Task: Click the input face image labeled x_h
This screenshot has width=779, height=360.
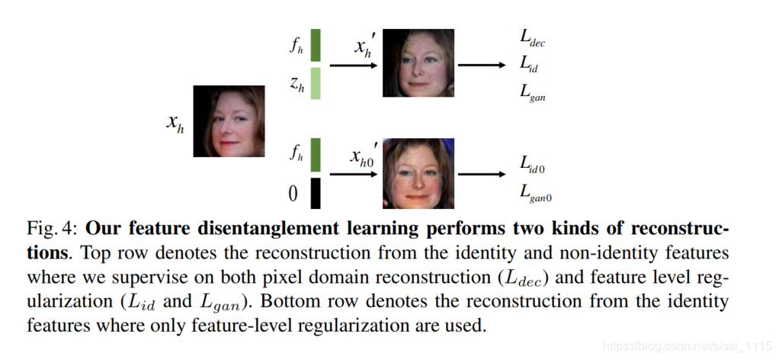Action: point(229,121)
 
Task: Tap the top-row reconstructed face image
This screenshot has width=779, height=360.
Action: point(418,63)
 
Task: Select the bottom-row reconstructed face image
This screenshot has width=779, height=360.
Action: point(418,174)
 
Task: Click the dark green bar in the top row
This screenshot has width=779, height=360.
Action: point(316,45)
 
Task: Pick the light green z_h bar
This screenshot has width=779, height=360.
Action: point(316,83)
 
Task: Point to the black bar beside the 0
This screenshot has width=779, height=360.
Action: point(316,193)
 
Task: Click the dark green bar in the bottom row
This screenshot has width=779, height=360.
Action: point(316,155)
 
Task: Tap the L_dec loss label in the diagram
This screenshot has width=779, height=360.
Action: point(532,39)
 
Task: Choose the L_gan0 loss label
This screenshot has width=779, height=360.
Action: point(537,194)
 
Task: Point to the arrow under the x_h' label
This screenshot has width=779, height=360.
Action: point(354,66)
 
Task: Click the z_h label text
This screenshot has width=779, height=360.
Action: point(297,86)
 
